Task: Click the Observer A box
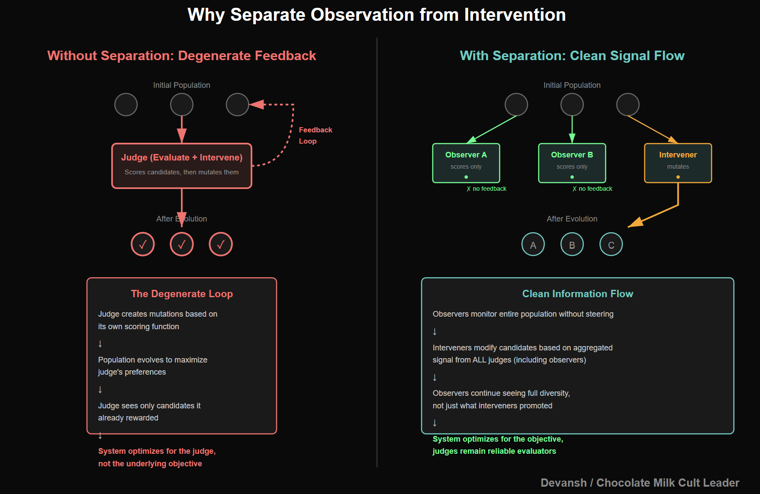(x=466, y=163)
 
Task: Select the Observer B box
(x=572, y=163)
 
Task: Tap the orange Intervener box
(x=678, y=163)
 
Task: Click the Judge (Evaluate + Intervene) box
(x=182, y=166)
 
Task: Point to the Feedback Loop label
(x=315, y=135)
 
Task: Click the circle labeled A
(x=533, y=245)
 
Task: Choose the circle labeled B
(x=572, y=245)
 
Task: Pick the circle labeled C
(x=611, y=245)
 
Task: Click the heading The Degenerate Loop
(x=182, y=294)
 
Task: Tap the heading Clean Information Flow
(x=577, y=294)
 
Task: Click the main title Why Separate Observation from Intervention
(x=377, y=15)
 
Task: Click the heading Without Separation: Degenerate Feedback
(x=182, y=55)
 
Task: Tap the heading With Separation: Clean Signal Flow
(x=572, y=55)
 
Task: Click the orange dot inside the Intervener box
(x=678, y=177)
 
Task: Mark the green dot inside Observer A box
(x=466, y=177)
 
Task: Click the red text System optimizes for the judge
(x=157, y=451)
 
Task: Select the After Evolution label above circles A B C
(x=572, y=219)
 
